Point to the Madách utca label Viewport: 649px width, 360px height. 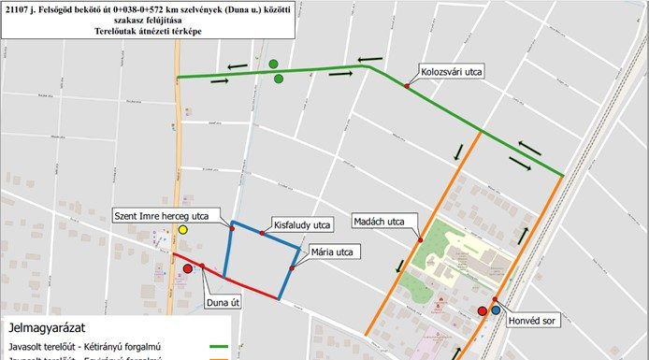pyautogui.click(x=379, y=222)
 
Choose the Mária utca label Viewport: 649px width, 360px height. pyautogui.click(x=330, y=252)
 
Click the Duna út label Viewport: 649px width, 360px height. pyautogui.click(x=224, y=302)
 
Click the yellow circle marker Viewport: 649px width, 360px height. pyautogui.click(x=183, y=229)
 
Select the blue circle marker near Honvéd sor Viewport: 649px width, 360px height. pyautogui.click(x=496, y=310)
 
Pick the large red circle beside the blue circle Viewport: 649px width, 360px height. pyautogui.click(x=483, y=310)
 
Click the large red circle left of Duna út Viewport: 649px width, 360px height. pyautogui.click(x=189, y=268)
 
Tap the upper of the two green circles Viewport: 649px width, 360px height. pyautogui.click(x=273, y=64)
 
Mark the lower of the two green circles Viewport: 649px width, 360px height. pyautogui.click(x=279, y=79)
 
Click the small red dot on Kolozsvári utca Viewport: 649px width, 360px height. pyautogui.click(x=407, y=85)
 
